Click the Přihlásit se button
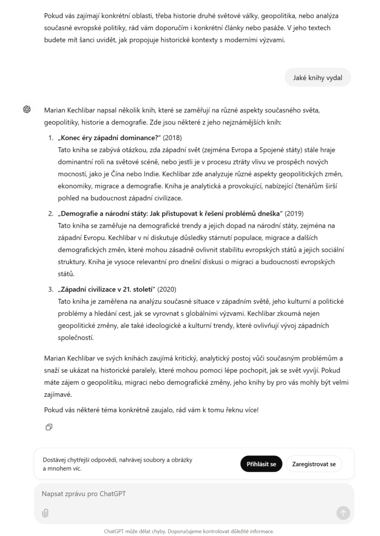pos(262,464)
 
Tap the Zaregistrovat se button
pos(314,464)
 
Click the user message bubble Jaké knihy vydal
pos(318,78)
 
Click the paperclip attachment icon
pos(45,513)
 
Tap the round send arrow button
pos(343,513)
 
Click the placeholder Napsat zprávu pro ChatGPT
pos(81,494)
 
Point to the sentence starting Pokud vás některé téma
pos(151,409)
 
